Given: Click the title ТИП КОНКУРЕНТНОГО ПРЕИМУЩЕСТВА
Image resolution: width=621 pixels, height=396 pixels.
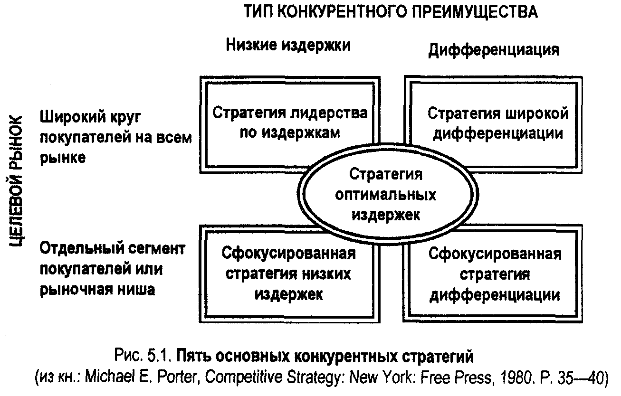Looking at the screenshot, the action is pos(391,12).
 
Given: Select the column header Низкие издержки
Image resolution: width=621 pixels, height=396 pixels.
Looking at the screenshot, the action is pos(288,45).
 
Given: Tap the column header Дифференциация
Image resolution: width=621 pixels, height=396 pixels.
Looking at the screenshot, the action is pos(494,50).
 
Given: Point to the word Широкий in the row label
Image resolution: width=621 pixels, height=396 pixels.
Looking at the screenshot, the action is pos(73,116).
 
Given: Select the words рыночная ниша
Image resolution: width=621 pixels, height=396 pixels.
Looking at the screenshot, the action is pos(97,290).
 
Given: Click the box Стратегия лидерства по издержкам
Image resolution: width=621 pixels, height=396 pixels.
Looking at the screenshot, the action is pos(290,125).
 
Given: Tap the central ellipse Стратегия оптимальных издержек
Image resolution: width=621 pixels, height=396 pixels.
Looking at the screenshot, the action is pos(388,194).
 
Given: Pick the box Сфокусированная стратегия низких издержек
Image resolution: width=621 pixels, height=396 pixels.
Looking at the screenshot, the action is pos(290,274).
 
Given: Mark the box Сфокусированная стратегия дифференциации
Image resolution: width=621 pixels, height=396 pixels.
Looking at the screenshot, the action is pos(493,274).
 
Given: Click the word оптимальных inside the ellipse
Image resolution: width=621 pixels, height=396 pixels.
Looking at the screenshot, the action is pos(386,195).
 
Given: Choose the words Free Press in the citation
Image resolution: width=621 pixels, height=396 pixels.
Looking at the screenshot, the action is pos(456,377).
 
